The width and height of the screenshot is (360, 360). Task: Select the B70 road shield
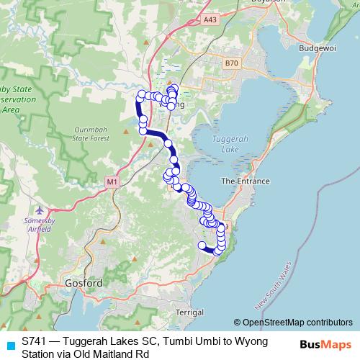coord(230,64)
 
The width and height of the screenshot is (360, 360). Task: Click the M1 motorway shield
coord(112,183)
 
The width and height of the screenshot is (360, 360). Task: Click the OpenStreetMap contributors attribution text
coord(297,322)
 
